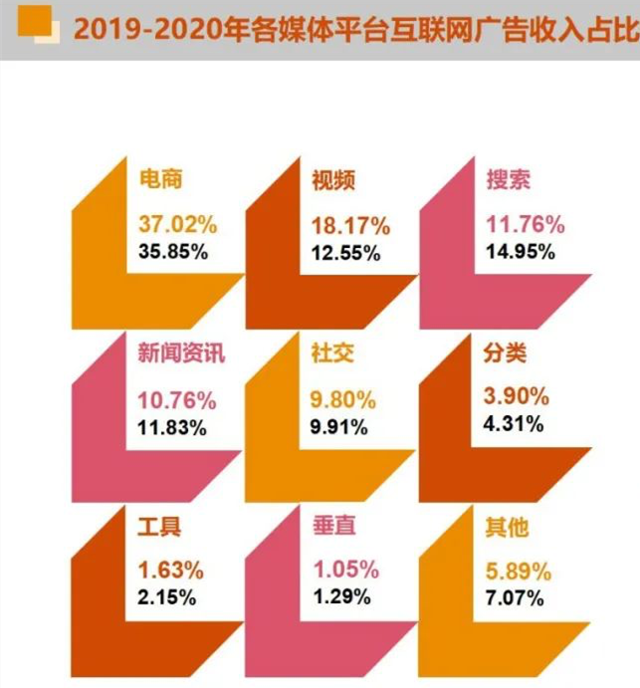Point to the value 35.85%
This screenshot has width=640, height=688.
tap(173, 251)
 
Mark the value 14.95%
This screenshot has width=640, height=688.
tap(520, 251)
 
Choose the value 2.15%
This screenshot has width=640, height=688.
tap(167, 597)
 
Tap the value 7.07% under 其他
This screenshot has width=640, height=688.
tap(514, 597)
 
